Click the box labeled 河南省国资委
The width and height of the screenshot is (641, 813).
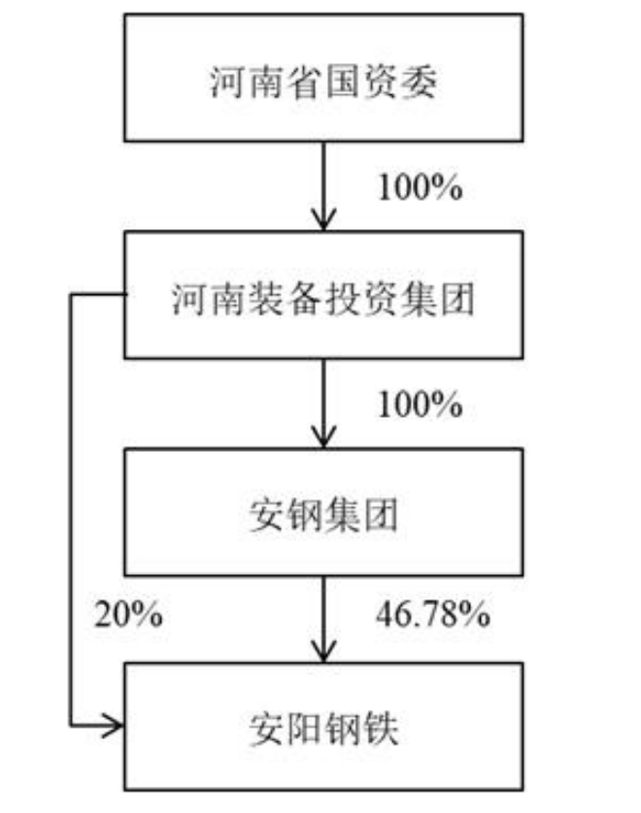(x=322, y=78)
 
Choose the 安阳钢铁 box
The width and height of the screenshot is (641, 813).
(x=322, y=727)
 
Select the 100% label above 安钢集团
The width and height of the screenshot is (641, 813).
(x=419, y=403)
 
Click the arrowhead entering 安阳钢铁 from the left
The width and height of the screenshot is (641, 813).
(x=117, y=725)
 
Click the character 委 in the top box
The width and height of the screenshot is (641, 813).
(x=421, y=83)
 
